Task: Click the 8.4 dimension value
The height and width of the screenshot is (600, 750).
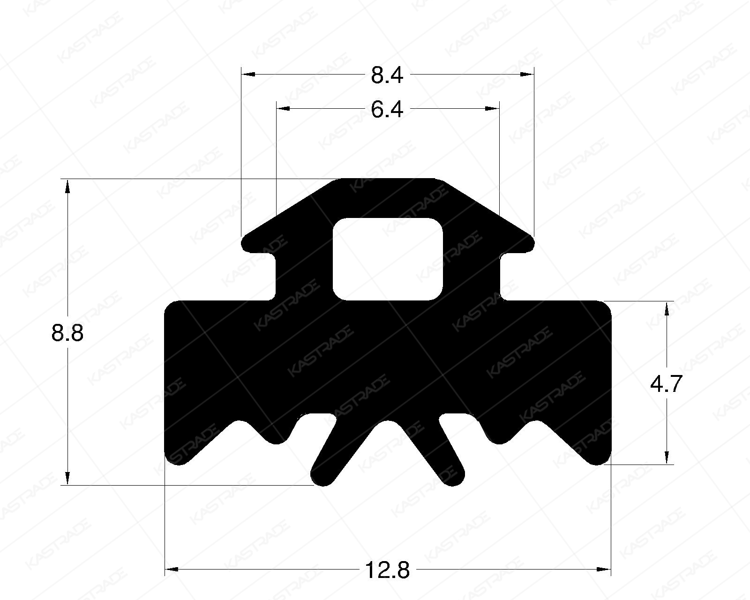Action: [387, 75]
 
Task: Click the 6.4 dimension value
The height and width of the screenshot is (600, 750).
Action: [387, 110]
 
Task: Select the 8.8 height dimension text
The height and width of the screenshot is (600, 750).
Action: [67, 334]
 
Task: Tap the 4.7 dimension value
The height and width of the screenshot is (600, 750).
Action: [666, 384]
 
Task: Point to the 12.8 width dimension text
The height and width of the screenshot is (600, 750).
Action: [387, 570]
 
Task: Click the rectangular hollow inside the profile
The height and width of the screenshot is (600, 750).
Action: [388, 259]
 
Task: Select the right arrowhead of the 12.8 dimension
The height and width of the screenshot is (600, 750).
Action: [605, 570]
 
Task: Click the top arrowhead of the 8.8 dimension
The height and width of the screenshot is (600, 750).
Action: [67, 186]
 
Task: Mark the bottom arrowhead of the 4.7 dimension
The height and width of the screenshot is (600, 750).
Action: [667, 457]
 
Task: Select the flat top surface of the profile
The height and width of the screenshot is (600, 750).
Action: [388, 180]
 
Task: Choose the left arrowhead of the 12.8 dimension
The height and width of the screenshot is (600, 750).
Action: [172, 570]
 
